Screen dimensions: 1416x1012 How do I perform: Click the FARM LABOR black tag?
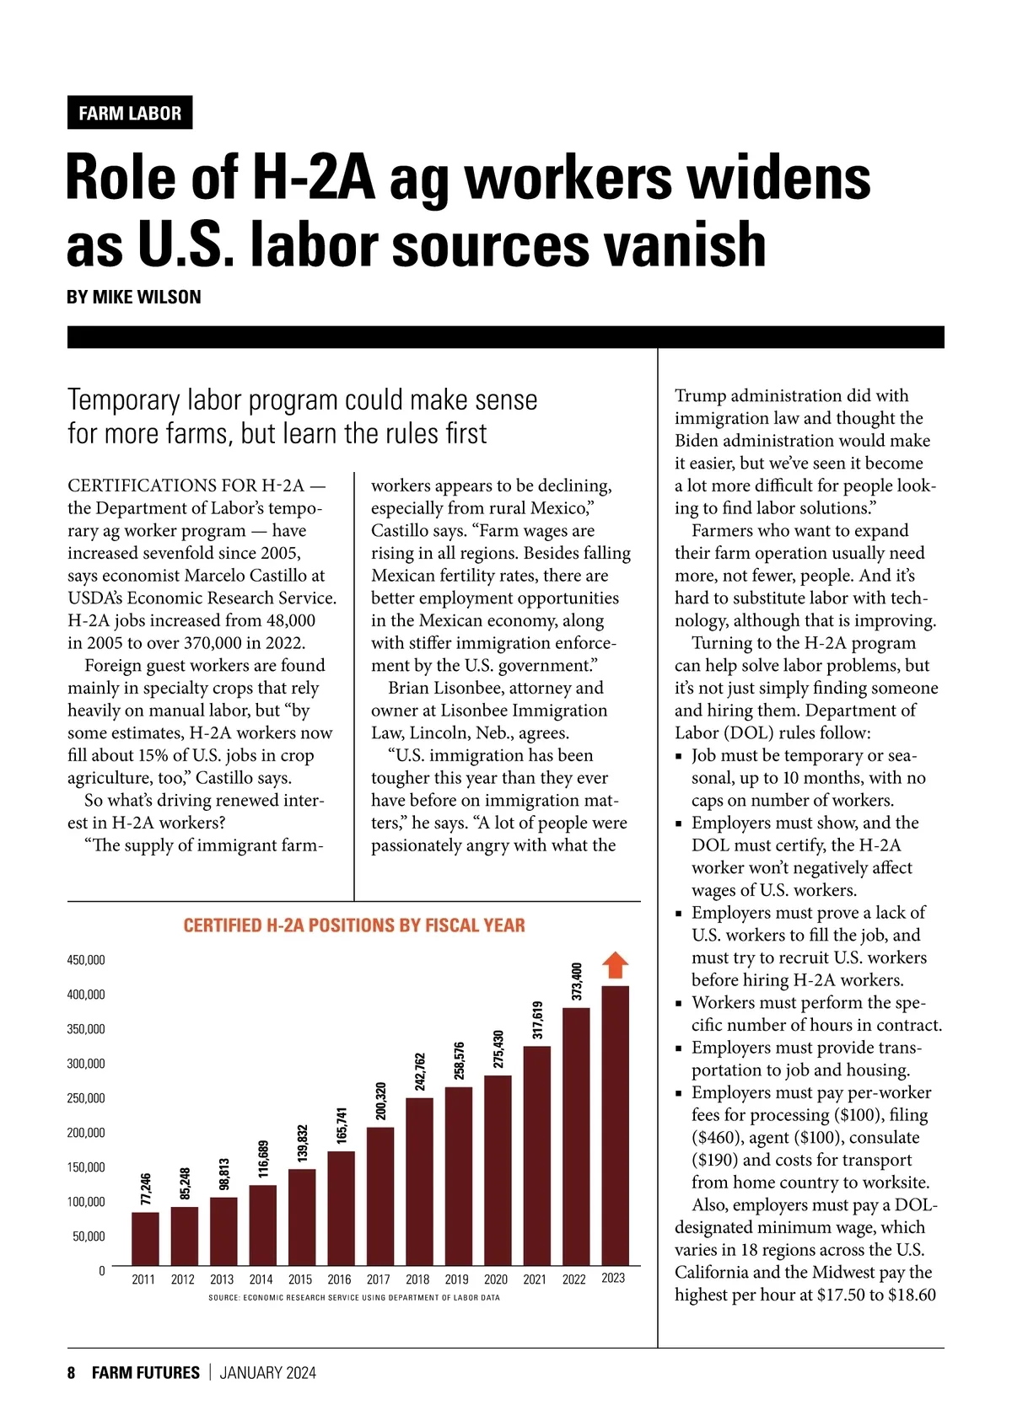[x=130, y=113]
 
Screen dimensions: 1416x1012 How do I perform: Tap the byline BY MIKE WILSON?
[x=133, y=297]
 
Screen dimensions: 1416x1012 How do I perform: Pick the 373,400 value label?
[x=577, y=981]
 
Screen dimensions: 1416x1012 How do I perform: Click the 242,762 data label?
[x=420, y=1071]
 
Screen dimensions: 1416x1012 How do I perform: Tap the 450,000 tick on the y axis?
[x=86, y=960]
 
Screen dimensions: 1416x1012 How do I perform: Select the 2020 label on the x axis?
[x=496, y=1279]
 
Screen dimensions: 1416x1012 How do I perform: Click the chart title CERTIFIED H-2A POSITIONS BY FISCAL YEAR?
[x=354, y=925]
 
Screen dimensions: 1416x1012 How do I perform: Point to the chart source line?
[x=354, y=1297]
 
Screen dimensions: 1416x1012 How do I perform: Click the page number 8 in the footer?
[x=72, y=1373]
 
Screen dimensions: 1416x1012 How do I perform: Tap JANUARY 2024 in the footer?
[x=267, y=1373]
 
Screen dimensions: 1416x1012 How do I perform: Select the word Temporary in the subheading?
[x=123, y=400]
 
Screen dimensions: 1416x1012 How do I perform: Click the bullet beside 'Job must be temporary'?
[x=679, y=757]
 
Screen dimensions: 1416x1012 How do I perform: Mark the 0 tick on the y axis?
[x=102, y=1271]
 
